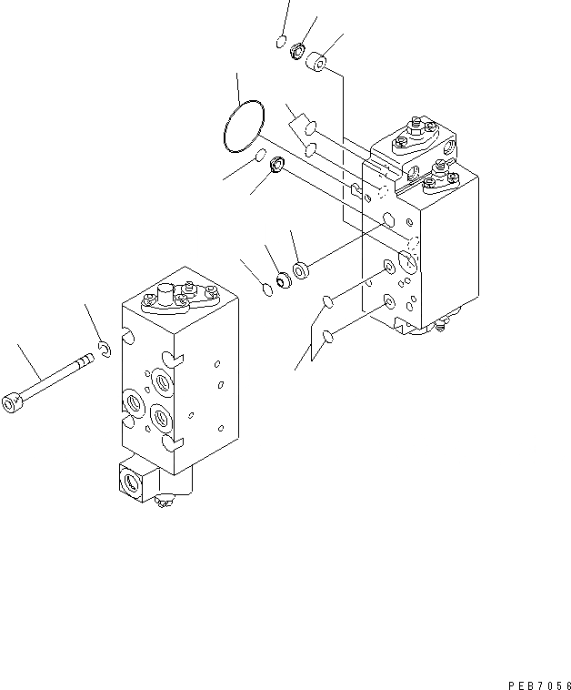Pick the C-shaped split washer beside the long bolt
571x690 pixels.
click(x=105, y=348)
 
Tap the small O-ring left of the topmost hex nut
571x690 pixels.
click(x=281, y=41)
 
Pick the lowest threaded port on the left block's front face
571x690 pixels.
click(x=162, y=418)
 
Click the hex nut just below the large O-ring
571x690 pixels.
click(x=278, y=166)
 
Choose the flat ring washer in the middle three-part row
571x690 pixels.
click(x=301, y=269)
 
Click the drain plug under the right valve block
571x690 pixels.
click(x=443, y=321)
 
